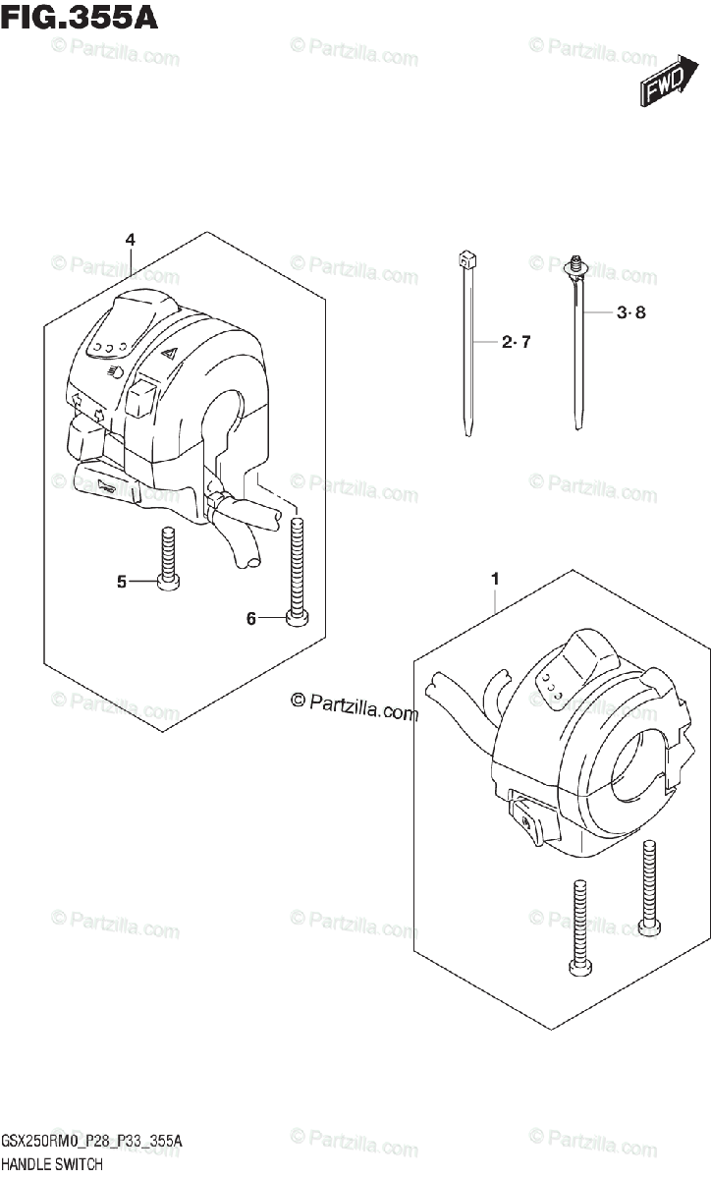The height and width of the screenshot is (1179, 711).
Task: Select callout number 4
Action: click(x=130, y=240)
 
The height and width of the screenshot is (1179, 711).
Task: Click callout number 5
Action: click(x=122, y=582)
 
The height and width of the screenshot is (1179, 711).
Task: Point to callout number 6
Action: click(x=251, y=618)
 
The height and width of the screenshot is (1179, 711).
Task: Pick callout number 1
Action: click(x=495, y=580)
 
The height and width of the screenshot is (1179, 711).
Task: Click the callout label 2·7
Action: click(x=516, y=343)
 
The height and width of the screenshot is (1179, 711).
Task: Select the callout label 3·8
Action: click(x=632, y=313)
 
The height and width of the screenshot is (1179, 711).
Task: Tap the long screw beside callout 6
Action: click(x=297, y=570)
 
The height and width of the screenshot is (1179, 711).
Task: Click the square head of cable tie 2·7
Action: click(x=465, y=261)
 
